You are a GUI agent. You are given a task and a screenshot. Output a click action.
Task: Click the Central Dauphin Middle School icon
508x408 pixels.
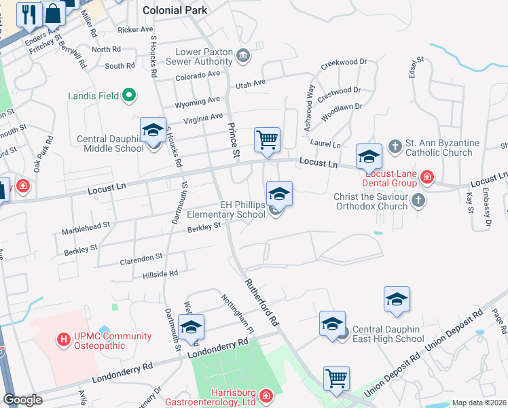[x=153, y=130]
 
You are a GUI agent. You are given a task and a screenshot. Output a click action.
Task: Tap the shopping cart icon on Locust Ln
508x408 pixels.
[x=268, y=139]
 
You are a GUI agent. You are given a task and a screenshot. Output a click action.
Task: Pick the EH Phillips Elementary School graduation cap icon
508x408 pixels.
[x=278, y=194]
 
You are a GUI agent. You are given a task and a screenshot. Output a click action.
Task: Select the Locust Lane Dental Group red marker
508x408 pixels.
[x=427, y=178]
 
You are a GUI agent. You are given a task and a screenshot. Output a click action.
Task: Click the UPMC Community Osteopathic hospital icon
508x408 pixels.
[x=64, y=338]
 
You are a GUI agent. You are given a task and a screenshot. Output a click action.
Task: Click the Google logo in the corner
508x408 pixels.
[x=22, y=400]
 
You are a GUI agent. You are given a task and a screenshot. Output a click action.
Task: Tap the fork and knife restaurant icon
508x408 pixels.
[x=29, y=14]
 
